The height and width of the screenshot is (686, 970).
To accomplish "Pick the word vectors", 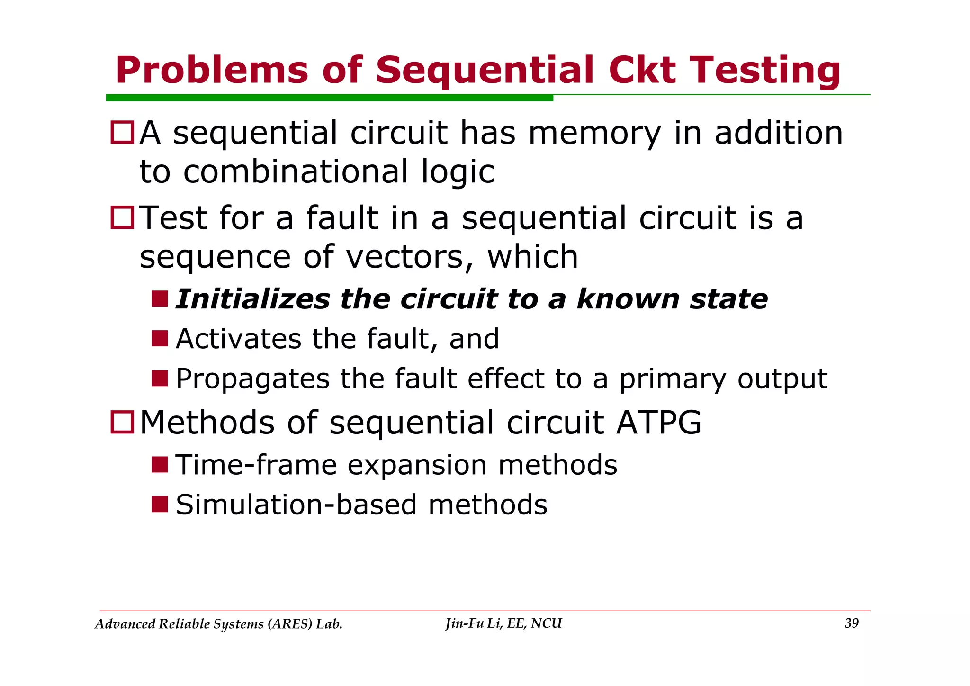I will [x=409, y=257].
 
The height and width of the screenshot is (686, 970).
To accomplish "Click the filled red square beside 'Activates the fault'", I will [x=160, y=338].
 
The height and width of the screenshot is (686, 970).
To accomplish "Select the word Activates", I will [x=239, y=339].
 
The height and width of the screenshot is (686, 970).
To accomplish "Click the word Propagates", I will [x=252, y=379].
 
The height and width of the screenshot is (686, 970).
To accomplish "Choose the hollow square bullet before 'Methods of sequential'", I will [x=122, y=422].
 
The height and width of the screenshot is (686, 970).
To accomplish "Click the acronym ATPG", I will [x=658, y=422].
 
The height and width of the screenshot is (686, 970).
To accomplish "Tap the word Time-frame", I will [x=256, y=465].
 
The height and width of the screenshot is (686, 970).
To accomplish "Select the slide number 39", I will [x=851, y=623].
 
